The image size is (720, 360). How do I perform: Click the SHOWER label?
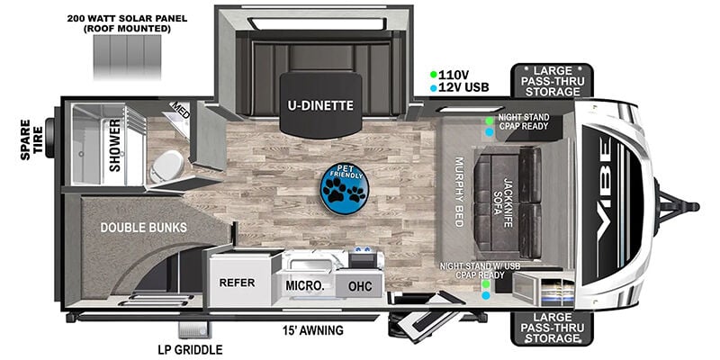click(x=115, y=154)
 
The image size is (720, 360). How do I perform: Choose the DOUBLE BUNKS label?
click(x=144, y=228)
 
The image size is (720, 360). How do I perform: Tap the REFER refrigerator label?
click(x=238, y=283)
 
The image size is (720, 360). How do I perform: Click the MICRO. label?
click(x=305, y=285)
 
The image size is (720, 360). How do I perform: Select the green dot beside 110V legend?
click(x=434, y=75)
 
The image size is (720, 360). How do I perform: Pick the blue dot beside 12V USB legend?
click(x=434, y=88)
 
